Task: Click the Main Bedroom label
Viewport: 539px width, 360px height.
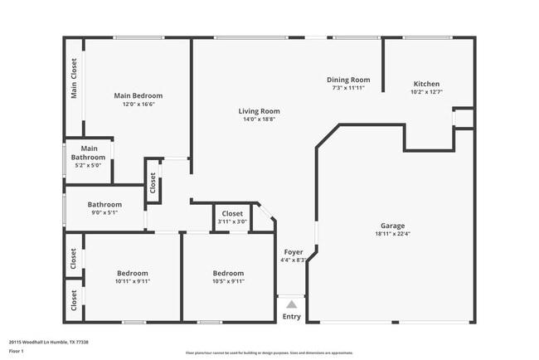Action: click(x=138, y=95)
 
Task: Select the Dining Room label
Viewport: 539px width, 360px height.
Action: click(x=347, y=80)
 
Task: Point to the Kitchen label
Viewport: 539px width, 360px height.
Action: click(x=426, y=84)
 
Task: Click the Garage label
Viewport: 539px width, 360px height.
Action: click(x=392, y=226)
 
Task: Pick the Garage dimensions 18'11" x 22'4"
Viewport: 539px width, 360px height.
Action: click(x=392, y=234)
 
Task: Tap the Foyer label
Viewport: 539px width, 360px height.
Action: click(x=294, y=251)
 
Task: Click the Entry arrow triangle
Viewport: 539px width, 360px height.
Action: click(x=291, y=304)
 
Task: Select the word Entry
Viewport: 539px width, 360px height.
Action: click(x=292, y=316)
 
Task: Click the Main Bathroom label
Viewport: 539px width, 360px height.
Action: click(x=89, y=153)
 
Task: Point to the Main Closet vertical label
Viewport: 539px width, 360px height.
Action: click(x=74, y=78)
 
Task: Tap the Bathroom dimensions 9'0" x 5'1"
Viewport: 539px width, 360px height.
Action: click(x=104, y=212)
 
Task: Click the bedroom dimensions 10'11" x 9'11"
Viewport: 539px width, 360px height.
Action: click(x=132, y=281)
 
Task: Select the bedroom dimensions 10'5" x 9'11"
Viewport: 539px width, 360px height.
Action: click(x=227, y=281)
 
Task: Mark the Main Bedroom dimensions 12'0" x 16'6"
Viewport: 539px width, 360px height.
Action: click(x=138, y=105)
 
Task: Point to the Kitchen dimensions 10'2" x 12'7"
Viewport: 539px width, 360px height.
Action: click(x=426, y=92)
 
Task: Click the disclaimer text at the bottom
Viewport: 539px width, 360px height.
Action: click(x=269, y=352)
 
